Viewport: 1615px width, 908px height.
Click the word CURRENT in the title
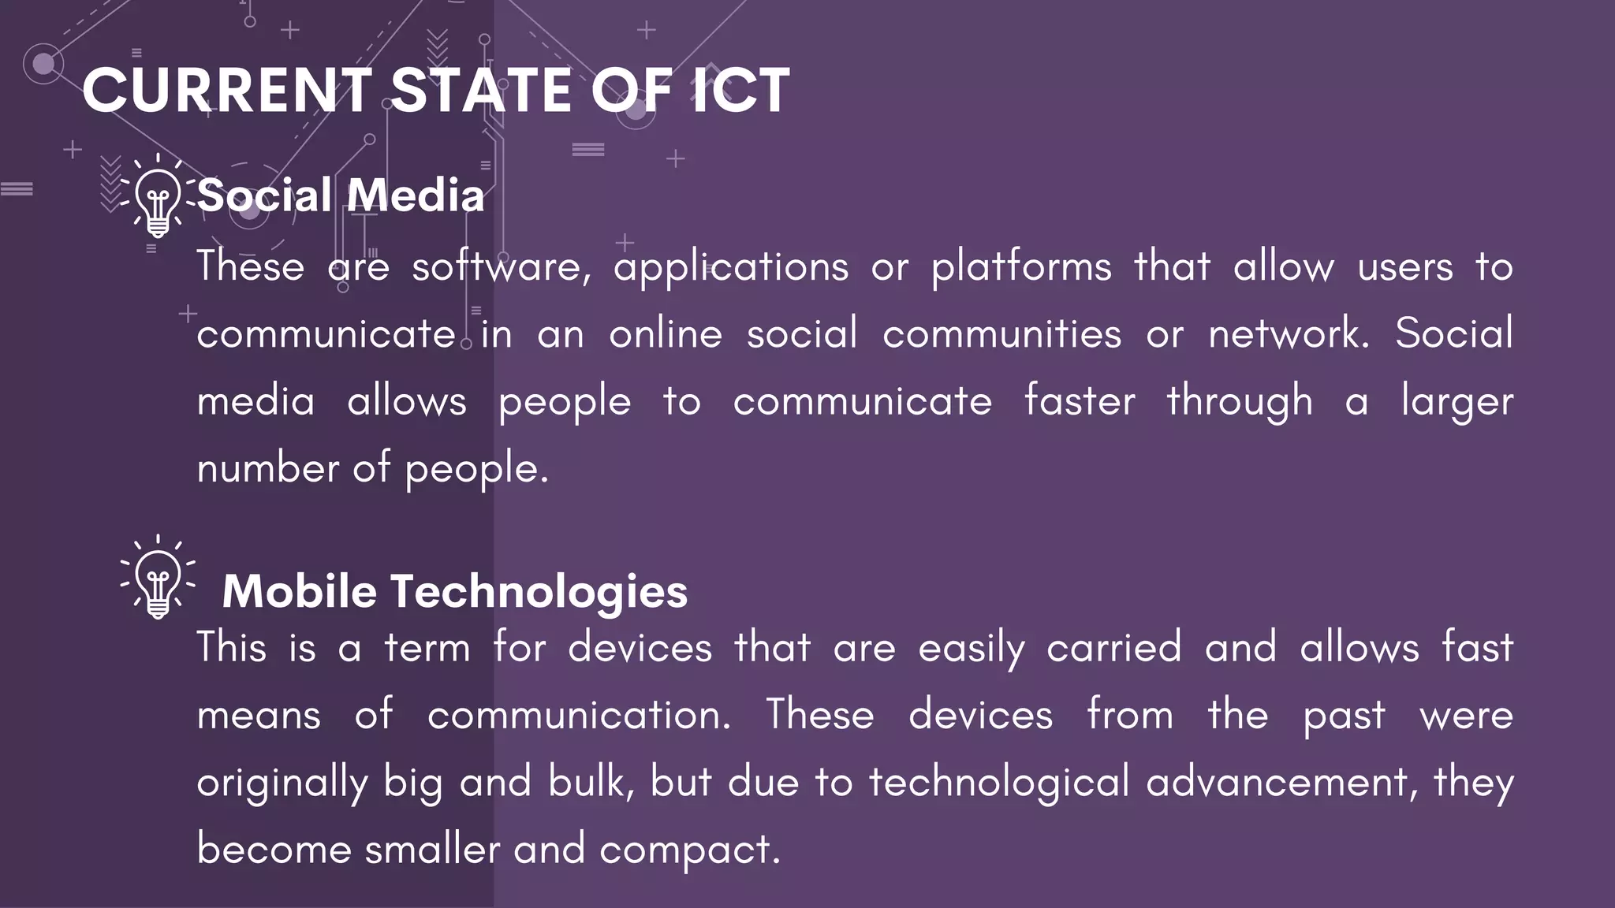click(x=227, y=91)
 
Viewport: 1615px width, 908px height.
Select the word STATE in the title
click(x=480, y=91)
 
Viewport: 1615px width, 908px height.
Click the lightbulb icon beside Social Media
click(x=158, y=196)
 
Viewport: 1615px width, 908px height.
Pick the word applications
click(x=731, y=266)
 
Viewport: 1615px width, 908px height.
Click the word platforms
click(x=1021, y=266)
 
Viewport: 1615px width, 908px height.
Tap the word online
click(x=666, y=333)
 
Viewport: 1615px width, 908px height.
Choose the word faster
click(x=1080, y=401)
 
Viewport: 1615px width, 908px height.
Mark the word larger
click(x=1457, y=401)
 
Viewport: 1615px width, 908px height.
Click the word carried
click(x=1113, y=648)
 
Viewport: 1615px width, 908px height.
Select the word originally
click(x=282, y=783)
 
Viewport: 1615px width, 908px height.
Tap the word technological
click(x=999, y=783)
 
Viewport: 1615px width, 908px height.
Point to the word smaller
click(x=432, y=850)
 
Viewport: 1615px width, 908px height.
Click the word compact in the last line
click(x=689, y=850)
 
